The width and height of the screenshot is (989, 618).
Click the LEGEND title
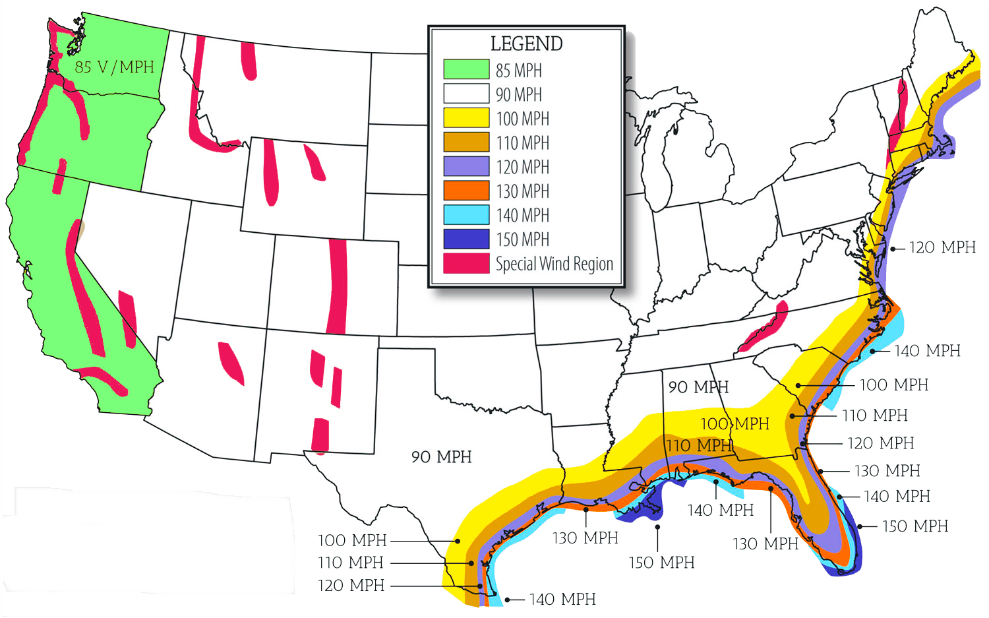point(526,44)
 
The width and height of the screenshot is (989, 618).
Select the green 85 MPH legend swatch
point(466,69)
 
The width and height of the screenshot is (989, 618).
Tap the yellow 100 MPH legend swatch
point(466,118)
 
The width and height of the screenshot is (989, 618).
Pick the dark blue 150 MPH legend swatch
point(466,239)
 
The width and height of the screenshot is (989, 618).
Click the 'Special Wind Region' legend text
point(554,264)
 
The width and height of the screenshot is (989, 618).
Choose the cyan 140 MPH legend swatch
point(466,215)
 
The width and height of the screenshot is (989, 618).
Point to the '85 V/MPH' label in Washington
point(114,67)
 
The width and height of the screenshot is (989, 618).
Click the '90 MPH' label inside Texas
point(441,457)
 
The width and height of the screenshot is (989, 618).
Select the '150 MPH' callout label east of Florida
point(914,526)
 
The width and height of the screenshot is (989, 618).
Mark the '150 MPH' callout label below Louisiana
point(661,563)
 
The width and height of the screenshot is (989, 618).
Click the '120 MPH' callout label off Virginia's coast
point(942,247)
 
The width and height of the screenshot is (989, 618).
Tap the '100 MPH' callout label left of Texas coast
point(352,540)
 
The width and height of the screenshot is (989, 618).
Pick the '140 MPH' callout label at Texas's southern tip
point(562,599)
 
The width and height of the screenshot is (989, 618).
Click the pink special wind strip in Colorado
point(337,287)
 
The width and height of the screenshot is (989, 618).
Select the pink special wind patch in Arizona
point(231,362)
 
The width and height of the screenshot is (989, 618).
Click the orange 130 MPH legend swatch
point(466,191)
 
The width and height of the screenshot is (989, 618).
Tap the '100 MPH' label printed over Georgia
point(734,423)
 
